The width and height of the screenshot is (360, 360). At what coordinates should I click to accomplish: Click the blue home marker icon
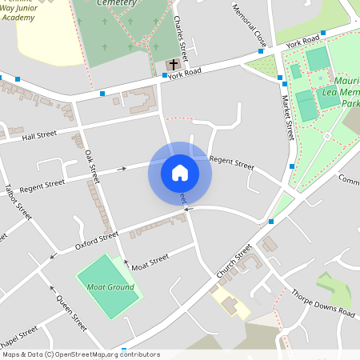point(180,173)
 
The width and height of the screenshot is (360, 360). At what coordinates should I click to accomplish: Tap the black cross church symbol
point(174,63)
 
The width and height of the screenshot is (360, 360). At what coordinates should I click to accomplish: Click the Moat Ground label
point(110,286)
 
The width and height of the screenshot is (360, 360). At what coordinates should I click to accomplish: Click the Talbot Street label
point(18,203)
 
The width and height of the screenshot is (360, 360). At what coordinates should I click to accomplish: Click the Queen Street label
point(71,312)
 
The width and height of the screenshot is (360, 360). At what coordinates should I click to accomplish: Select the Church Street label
point(234,262)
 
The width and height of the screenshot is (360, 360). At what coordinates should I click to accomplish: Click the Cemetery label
point(117,3)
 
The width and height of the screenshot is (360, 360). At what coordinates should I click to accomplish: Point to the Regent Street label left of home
point(42,186)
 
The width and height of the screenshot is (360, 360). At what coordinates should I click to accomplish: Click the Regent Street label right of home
point(231,163)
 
